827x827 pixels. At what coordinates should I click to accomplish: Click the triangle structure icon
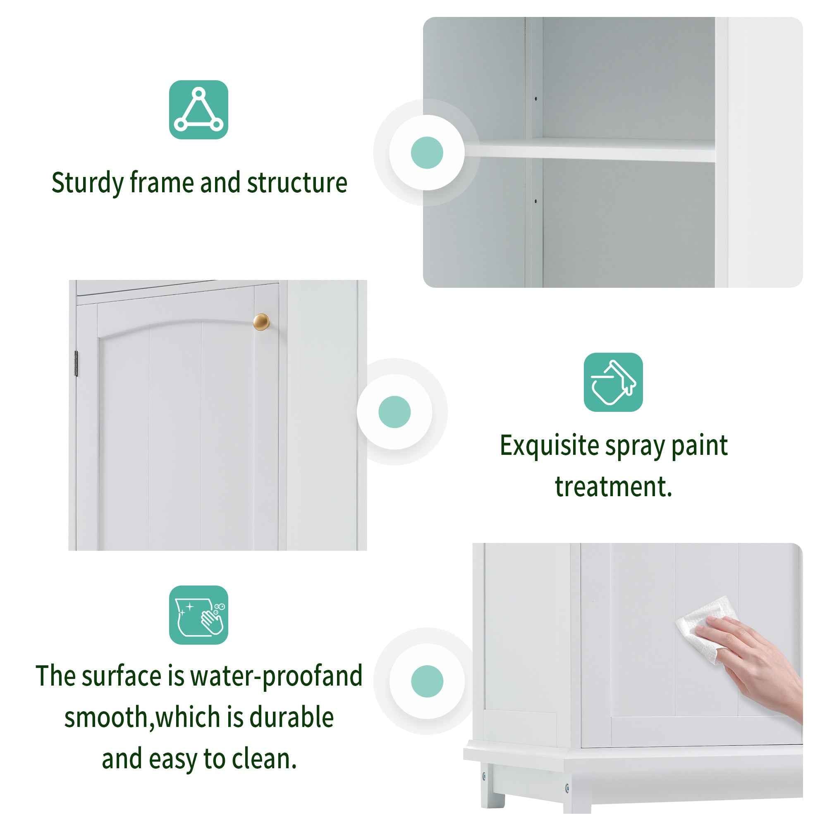198,110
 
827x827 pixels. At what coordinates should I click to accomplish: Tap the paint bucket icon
613,382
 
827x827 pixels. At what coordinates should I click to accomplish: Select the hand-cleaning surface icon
198,615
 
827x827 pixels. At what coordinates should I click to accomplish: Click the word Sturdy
87,183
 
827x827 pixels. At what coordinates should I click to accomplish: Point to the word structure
296,183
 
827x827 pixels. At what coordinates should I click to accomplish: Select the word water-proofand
276,676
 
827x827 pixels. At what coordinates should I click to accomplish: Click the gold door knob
261,322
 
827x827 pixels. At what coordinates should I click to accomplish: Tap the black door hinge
76,363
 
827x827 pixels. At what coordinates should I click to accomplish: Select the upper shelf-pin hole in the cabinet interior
535,99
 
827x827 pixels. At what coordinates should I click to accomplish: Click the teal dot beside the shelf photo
427,153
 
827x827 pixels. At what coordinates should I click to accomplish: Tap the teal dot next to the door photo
394,412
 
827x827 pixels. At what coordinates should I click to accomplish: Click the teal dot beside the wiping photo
427,681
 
